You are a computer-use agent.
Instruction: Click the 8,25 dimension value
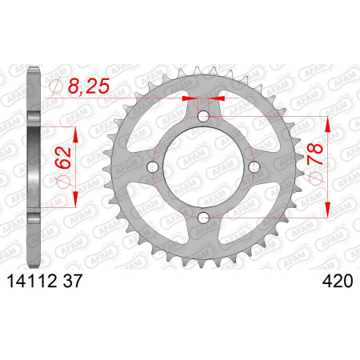point(89,86)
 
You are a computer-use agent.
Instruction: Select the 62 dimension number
point(63,158)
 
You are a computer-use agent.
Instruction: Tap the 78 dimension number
point(314,154)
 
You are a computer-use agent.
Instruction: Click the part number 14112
point(32,281)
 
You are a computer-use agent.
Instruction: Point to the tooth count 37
point(72,281)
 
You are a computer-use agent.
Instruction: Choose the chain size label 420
point(338,281)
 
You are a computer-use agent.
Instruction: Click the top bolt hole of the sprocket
point(203,116)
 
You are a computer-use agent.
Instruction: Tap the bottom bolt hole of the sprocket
point(203,218)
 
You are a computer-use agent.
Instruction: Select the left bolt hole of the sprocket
point(153,167)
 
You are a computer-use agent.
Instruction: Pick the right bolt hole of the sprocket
point(254,167)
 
